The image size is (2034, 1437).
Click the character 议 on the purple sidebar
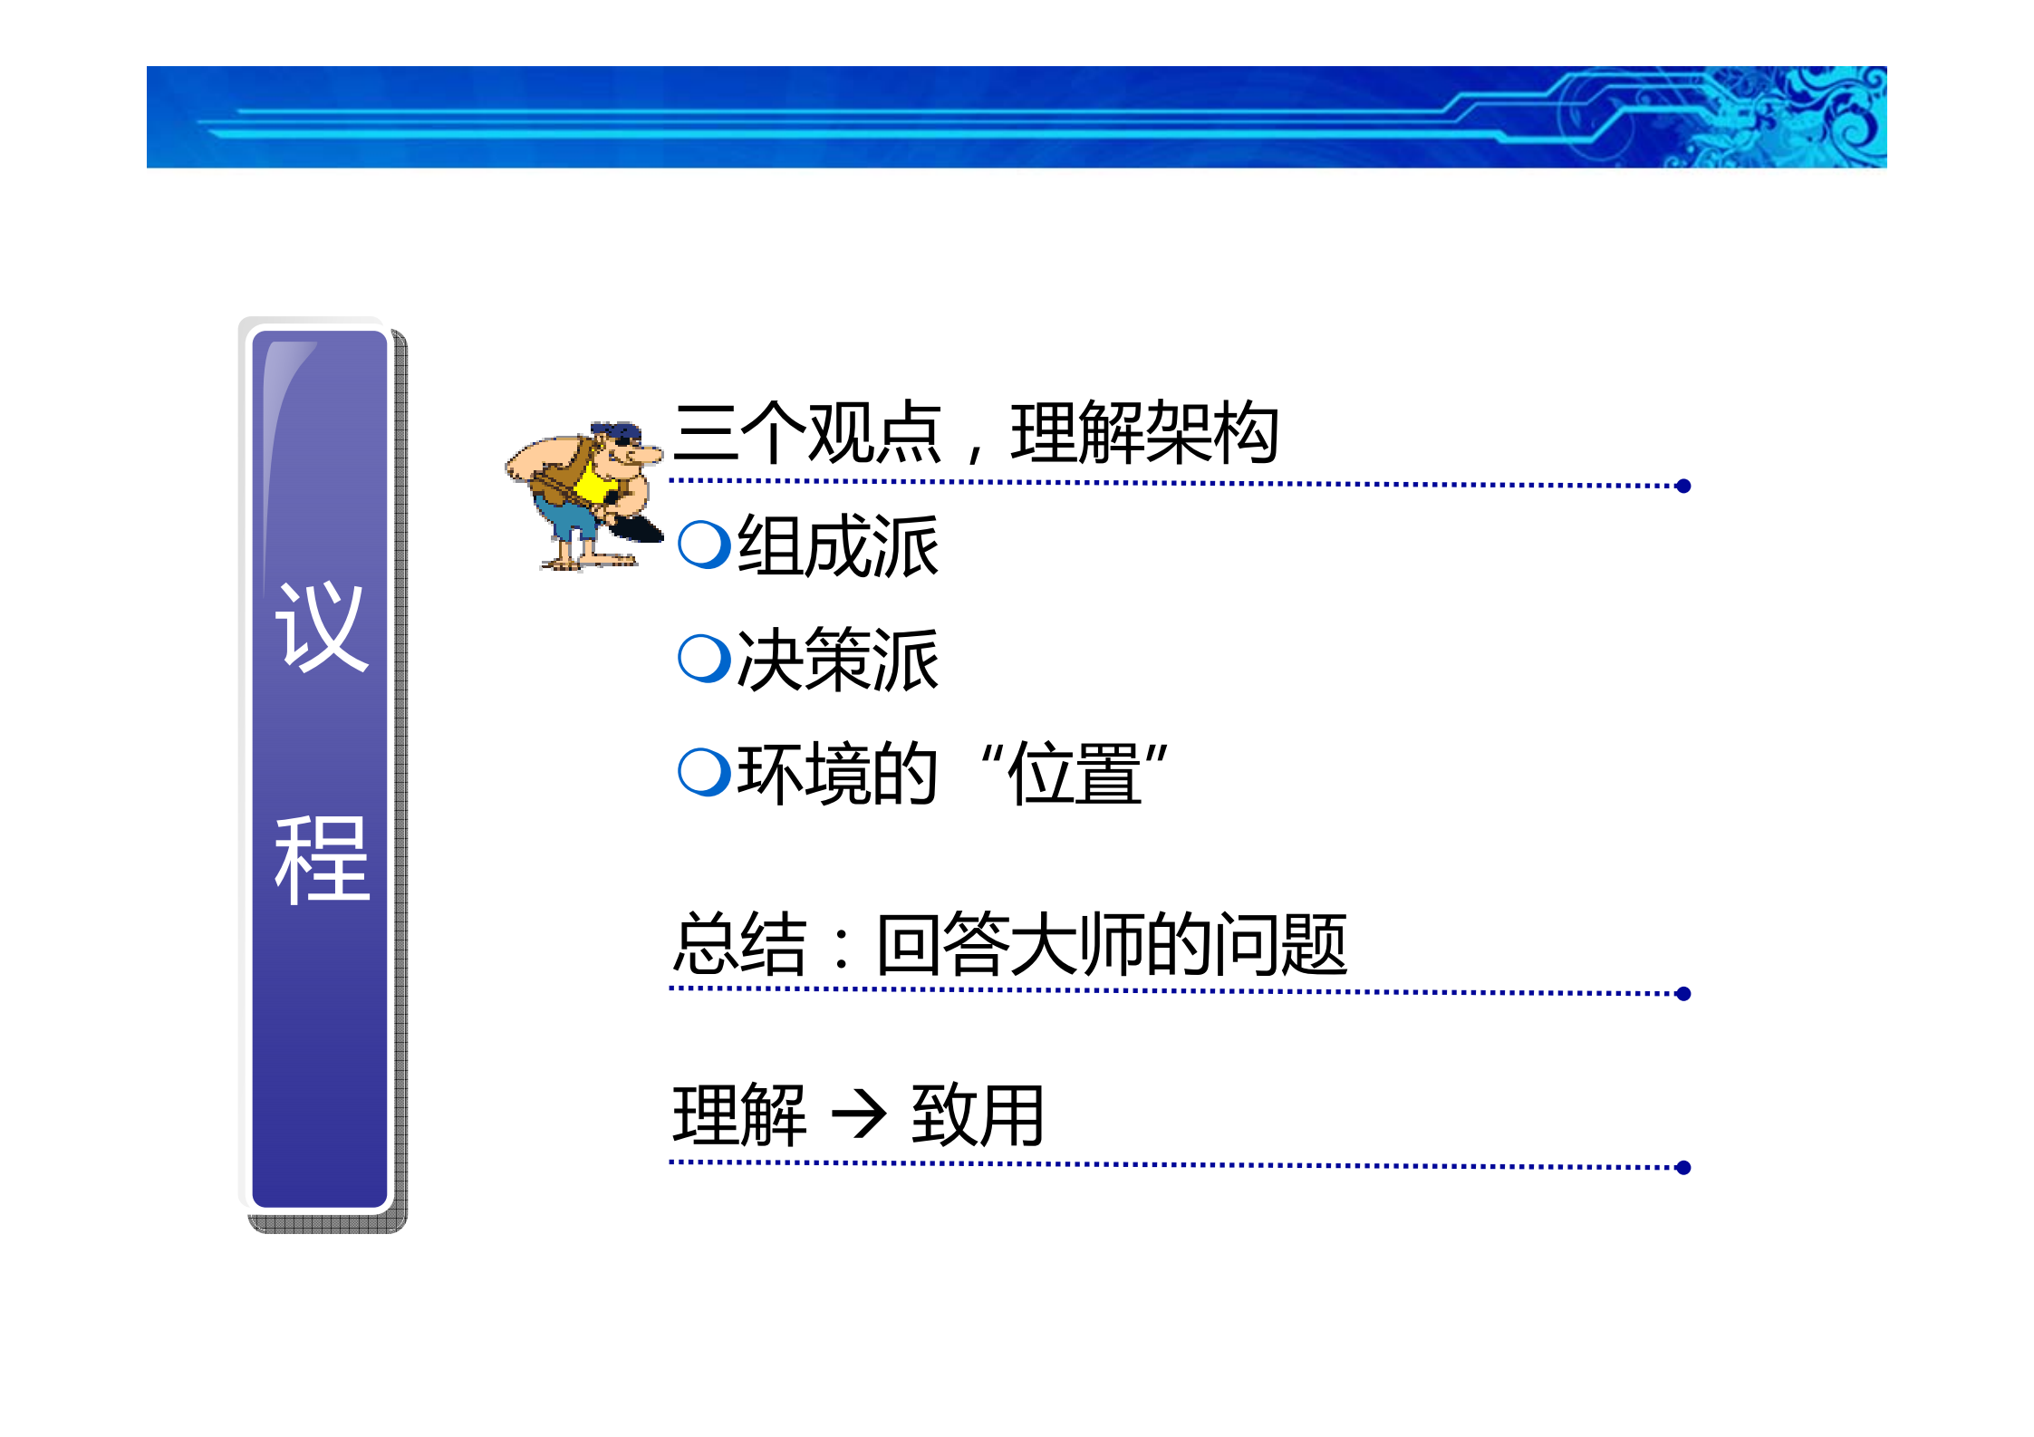[322, 627]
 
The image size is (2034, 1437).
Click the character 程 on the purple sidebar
[322, 858]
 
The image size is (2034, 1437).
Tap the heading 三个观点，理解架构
[975, 433]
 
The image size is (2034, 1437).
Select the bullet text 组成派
[837, 546]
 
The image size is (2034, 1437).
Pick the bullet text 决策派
[837, 660]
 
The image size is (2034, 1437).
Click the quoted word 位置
[1075, 774]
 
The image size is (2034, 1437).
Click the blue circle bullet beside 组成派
[704, 545]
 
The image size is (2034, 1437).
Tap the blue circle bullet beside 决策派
[704, 658]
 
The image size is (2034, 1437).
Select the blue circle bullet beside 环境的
[704, 772]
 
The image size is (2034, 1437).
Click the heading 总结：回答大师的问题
[1009, 944]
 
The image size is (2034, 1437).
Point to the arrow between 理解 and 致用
[858, 1114]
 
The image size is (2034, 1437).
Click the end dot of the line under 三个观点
[1683, 487]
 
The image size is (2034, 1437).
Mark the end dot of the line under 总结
[1683, 994]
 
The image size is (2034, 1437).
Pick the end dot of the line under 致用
[1683, 1168]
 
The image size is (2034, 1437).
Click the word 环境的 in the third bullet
[836, 774]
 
